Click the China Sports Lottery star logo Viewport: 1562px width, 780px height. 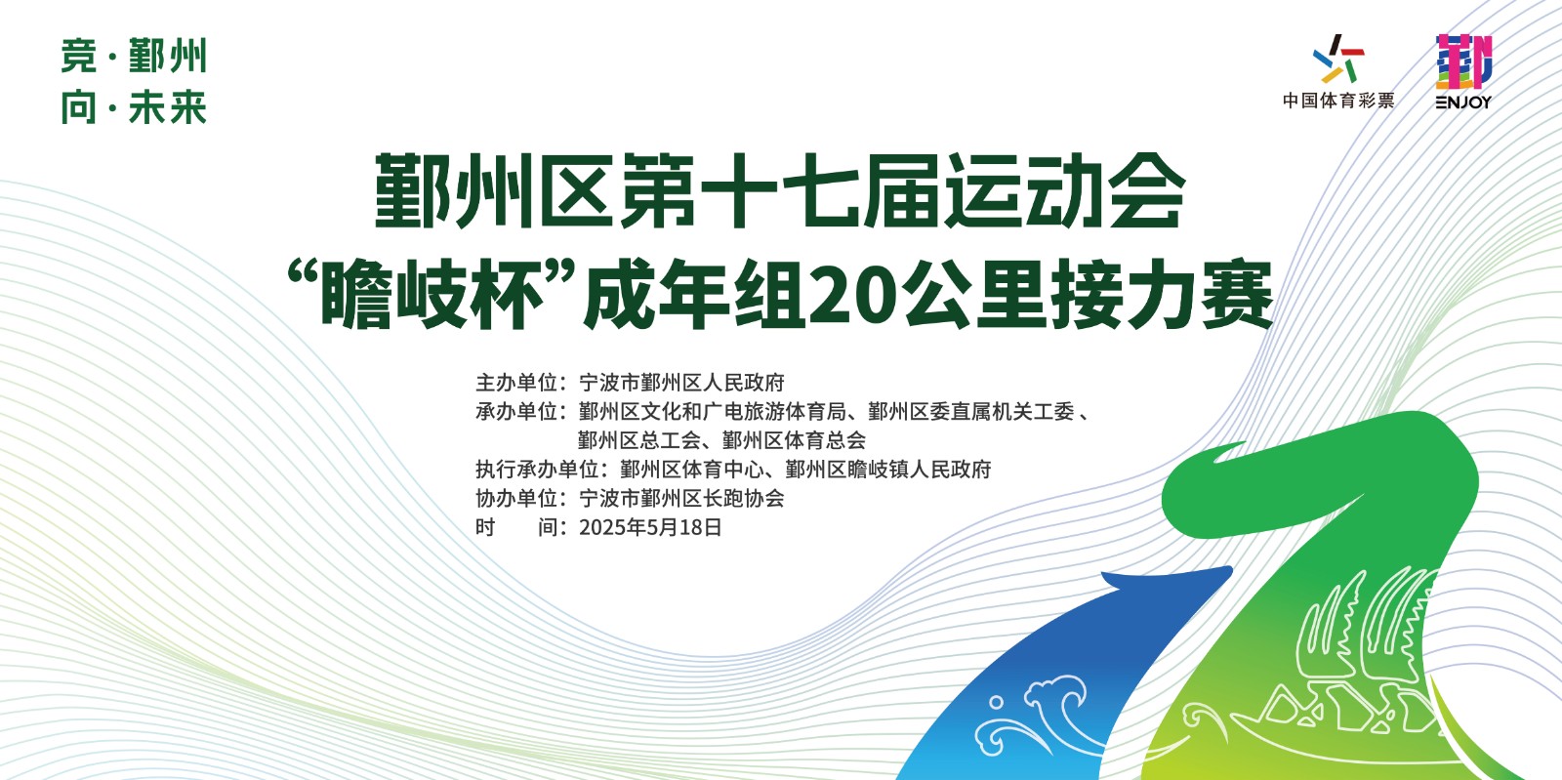1338,59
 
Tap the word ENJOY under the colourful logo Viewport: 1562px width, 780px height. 1463,102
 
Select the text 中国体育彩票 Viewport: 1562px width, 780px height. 1338,101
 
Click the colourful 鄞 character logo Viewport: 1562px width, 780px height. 1463,62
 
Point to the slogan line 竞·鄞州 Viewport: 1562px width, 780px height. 134,57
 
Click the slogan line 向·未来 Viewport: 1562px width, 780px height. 134,108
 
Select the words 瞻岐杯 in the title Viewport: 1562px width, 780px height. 432,295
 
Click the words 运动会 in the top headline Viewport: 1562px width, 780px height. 1063,191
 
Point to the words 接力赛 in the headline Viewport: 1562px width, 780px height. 1162,295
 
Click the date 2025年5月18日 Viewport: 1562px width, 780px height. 650,528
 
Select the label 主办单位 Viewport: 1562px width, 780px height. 516,383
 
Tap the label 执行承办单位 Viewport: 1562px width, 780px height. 537,470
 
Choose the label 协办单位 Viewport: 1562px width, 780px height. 516,499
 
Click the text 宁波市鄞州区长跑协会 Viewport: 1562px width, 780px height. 681,499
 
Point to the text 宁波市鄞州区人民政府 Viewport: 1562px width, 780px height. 681,383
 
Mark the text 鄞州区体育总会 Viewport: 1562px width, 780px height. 795,440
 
